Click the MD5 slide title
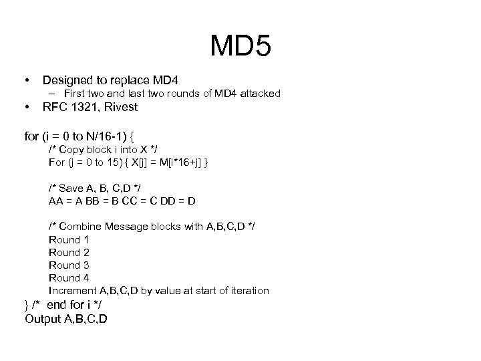point(240,46)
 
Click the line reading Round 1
point(69,239)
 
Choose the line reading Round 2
point(69,252)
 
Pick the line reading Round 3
point(69,265)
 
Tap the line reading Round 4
point(69,277)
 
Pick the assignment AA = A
point(65,201)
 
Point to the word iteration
point(248,291)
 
